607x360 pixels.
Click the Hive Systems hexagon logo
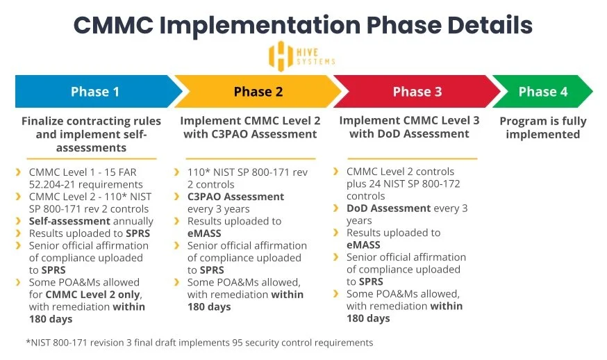[281, 56]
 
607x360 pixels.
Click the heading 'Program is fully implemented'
[542, 128]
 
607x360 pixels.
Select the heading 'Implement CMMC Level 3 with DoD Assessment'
[409, 127]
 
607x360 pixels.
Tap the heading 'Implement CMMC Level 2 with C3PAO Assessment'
[250, 127]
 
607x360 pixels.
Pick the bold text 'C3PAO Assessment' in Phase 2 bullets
[235, 197]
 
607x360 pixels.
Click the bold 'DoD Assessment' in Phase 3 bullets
[389, 208]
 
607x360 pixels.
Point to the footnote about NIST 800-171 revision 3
[199, 343]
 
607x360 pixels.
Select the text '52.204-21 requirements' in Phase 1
[85, 184]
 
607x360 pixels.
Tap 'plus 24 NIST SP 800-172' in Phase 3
[403, 184]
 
